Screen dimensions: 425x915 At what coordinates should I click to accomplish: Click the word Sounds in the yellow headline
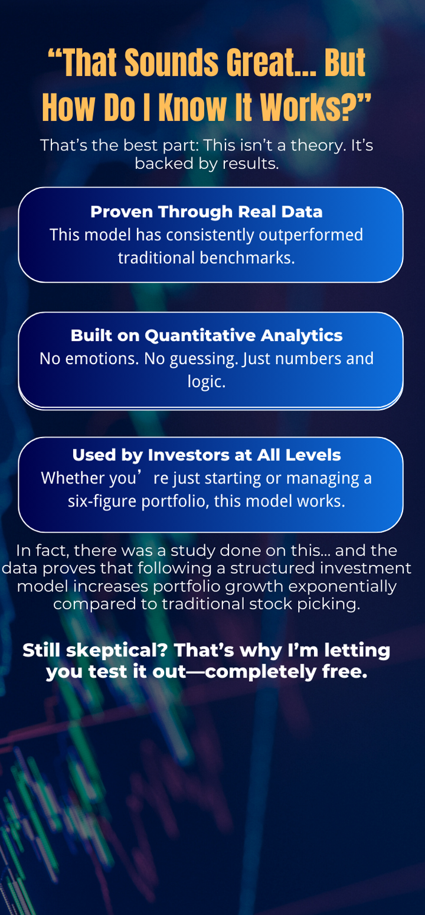click(x=171, y=63)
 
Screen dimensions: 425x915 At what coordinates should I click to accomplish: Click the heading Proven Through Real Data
click(x=207, y=211)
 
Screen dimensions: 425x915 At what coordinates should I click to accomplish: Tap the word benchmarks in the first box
click(x=247, y=258)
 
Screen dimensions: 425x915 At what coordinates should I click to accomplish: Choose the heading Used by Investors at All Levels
click(x=207, y=455)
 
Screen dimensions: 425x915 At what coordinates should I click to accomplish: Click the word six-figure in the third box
click(x=102, y=501)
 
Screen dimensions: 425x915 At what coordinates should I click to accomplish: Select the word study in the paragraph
click(x=193, y=551)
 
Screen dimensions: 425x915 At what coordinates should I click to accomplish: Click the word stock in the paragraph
click(x=270, y=604)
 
